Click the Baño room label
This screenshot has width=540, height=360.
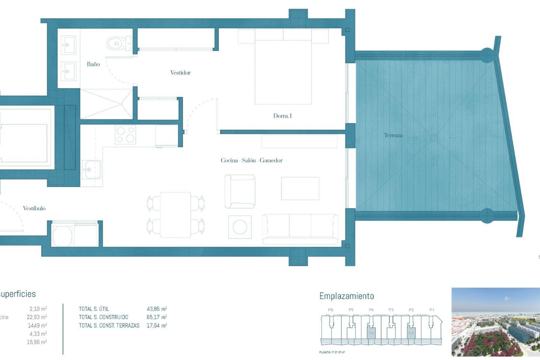pyautogui.click(x=93, y=64)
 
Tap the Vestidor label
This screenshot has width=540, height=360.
pyautogui.click(x=180, y=73)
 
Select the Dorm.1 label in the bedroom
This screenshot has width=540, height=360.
pyautogui.click(x=282, y=116)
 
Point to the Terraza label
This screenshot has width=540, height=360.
pyautogui.click(x=393, y=135)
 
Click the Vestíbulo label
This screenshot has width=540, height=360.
pyautogui.click(x=34, y=208)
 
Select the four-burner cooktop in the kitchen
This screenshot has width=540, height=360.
pyautogui.click(x=125, y=134)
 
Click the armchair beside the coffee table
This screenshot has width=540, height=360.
pyautogui.click(x=240, y=191)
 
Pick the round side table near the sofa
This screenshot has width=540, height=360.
pyautogui.click(x=240, y=227)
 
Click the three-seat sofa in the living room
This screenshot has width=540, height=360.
pyautogui.click(x=300, y=228)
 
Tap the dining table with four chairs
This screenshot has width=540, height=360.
pyautogui.click(x=176, y=215)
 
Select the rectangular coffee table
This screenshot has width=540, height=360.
pyautogui.click(x=300, y=188)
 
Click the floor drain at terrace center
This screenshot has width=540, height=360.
pyautogui.click(x=433, y=138)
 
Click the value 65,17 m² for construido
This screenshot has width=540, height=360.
pyautogui.click(x=157, y=317)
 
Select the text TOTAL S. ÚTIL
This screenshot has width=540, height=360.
pyautogui.click(x=94, y=309)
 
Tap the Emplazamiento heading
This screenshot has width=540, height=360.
pyautogui.click(x=346, y=296)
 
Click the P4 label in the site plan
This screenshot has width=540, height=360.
pyautogui.click(x=371, y=310)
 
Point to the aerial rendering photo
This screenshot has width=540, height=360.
pyautogui.click(x=496, y=322)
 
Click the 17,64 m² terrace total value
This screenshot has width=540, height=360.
pyautogui.click(x=157, y=325)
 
